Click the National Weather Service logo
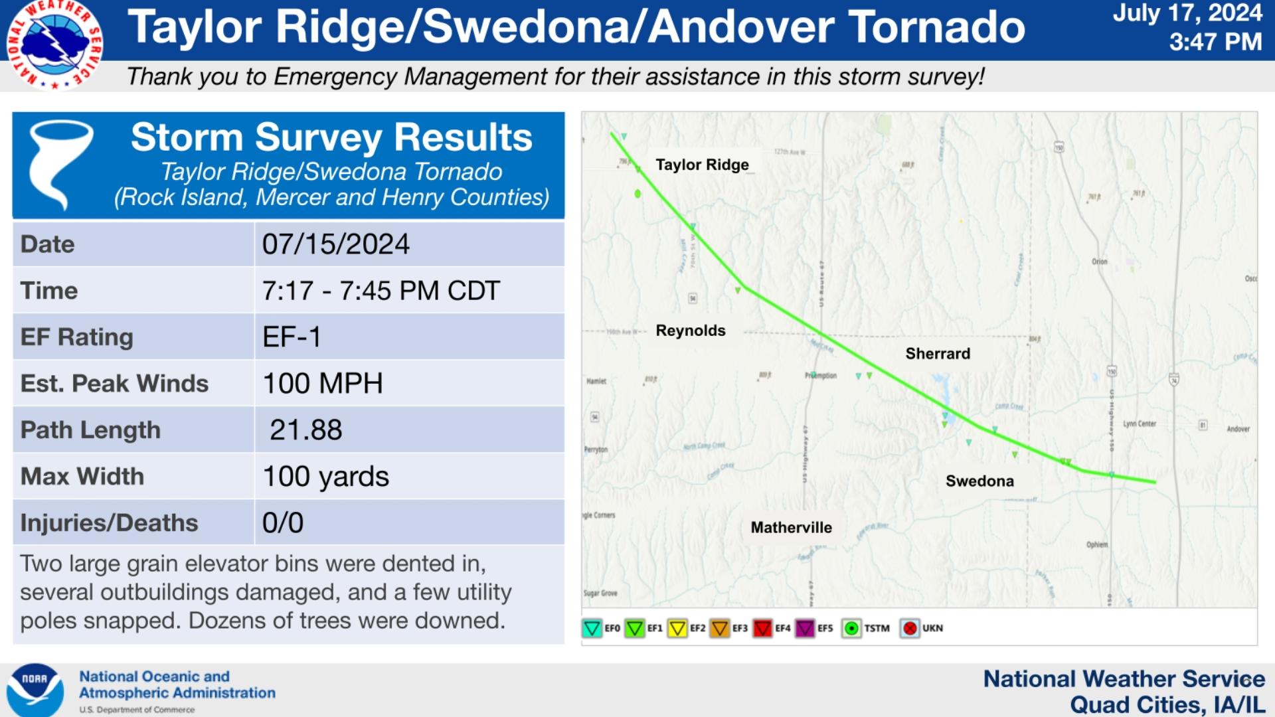(55, 44)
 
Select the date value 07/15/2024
(335, 244)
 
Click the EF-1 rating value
(292, 337)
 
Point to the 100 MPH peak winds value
(323, 384)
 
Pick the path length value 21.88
(305, 430)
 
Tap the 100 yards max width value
(325, 477)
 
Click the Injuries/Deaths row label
(109, 523)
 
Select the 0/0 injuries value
(283, 523)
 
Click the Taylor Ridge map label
(702, 165)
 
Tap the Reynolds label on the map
(691, 331)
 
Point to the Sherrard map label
(938, 354)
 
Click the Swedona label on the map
(979, 481)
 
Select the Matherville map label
(791, 528)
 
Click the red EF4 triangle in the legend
(762, 628)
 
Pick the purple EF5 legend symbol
(805, 628)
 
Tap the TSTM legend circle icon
(851, 628)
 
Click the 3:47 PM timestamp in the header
(1215, 42)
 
